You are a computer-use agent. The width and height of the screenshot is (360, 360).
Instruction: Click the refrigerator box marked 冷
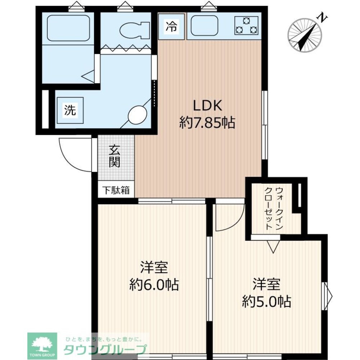point(172,27)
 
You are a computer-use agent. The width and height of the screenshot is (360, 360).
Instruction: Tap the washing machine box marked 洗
point(70,110)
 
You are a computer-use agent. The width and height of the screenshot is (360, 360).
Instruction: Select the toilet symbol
point(135,30)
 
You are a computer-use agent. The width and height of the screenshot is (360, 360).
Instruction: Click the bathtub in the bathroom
point(68,28)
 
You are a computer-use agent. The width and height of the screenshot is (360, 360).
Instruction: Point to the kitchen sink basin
point(204,26)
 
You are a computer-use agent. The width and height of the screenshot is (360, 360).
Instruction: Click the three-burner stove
point(246,26)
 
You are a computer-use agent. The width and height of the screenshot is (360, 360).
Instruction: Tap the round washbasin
point(137,114)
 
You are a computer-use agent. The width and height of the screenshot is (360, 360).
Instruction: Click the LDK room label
point(208,105)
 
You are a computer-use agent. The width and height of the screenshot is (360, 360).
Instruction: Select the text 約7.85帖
point(207,123)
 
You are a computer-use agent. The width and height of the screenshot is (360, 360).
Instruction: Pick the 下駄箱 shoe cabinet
point(116,190)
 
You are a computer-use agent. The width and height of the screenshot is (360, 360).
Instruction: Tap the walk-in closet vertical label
point(274,208)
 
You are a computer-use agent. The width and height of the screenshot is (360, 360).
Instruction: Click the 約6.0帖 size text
point(154,285)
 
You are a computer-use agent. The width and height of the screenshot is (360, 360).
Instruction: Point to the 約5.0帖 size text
point(266,301)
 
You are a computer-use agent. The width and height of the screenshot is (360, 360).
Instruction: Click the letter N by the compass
point(323,18)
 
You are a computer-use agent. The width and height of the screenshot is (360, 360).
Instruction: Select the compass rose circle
point(305,35)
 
